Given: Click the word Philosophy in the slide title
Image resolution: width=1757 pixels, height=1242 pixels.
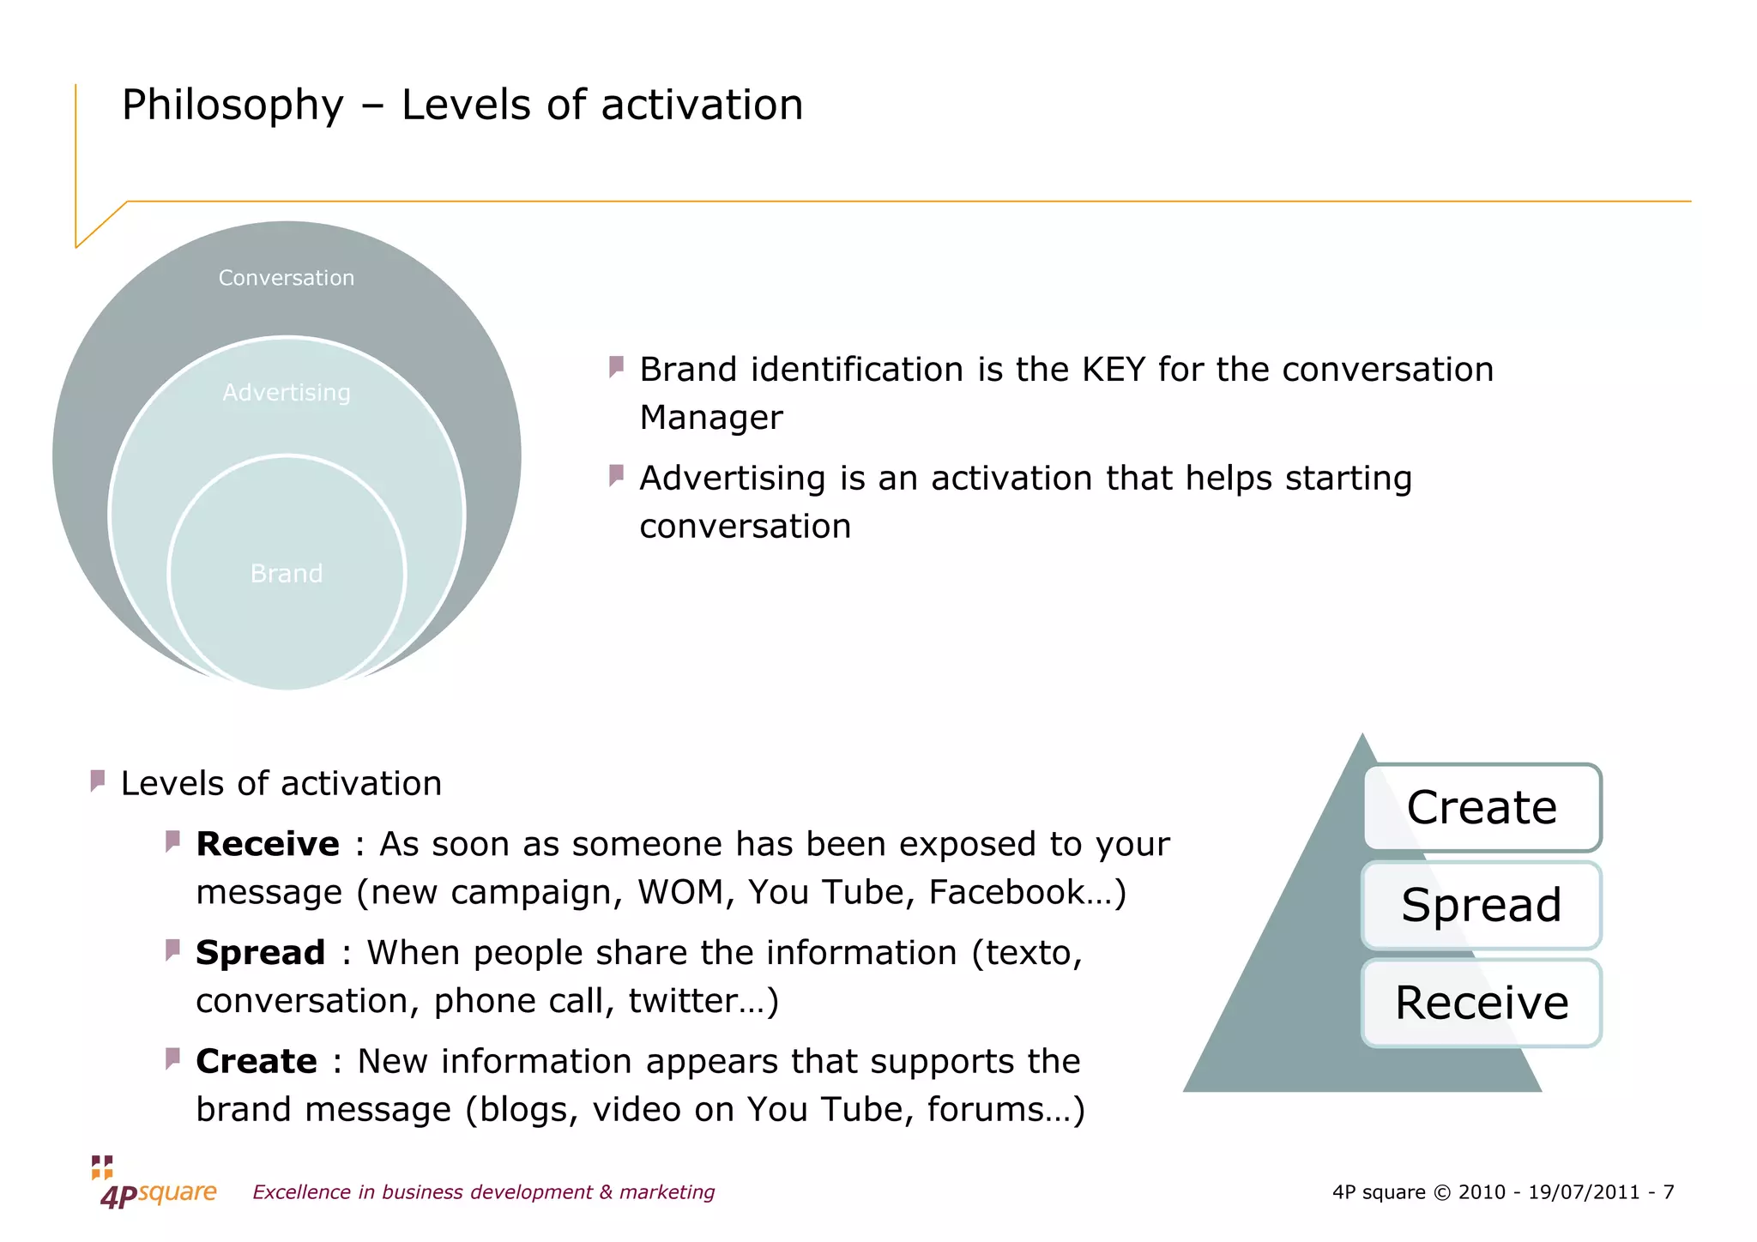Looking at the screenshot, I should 232,106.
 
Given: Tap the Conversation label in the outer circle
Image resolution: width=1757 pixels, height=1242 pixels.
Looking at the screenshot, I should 286,278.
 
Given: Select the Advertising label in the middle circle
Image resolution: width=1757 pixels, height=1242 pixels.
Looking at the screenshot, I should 286,393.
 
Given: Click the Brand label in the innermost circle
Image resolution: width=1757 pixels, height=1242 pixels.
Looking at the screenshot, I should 286,573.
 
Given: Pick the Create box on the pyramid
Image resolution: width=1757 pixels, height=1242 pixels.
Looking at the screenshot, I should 1482,807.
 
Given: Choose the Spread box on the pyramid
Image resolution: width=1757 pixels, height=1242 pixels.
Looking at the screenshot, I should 1482,905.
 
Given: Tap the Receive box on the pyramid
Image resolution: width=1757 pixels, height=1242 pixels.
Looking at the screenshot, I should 1482,1003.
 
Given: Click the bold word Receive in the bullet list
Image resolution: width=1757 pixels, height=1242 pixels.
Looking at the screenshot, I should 268,844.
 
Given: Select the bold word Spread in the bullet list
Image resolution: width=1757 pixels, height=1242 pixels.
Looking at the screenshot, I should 260,953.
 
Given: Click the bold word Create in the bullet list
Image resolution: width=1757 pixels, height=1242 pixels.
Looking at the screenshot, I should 257,1061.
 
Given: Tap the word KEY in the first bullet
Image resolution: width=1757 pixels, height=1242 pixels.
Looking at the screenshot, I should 1114,370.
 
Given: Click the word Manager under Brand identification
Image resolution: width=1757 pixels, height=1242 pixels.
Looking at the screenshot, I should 711,418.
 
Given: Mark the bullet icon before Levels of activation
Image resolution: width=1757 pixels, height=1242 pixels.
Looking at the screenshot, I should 98,781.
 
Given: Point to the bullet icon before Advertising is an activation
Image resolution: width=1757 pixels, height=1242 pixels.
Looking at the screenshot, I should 616,475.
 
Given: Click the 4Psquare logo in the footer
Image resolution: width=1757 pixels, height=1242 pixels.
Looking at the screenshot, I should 154,1183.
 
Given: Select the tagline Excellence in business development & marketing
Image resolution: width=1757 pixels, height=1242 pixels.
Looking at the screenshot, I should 483,1192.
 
